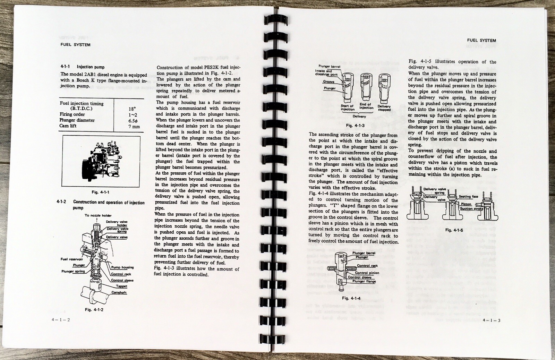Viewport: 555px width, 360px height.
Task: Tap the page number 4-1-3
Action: click(491, 320)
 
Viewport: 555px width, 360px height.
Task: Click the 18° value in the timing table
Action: click(131, 109)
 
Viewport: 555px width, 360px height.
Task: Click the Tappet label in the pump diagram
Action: click(122, 286)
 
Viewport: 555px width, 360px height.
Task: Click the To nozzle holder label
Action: click(98, 216)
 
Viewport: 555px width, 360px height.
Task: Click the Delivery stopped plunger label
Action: click(384, 108)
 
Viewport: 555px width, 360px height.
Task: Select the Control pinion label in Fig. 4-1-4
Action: click(368, 273)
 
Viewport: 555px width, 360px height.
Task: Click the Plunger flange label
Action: click(364, 281)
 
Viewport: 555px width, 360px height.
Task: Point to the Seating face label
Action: click(469, 197)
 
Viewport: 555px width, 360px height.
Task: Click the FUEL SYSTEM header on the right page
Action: click(481, 41)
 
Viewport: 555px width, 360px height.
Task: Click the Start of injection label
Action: click(347, 108)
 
